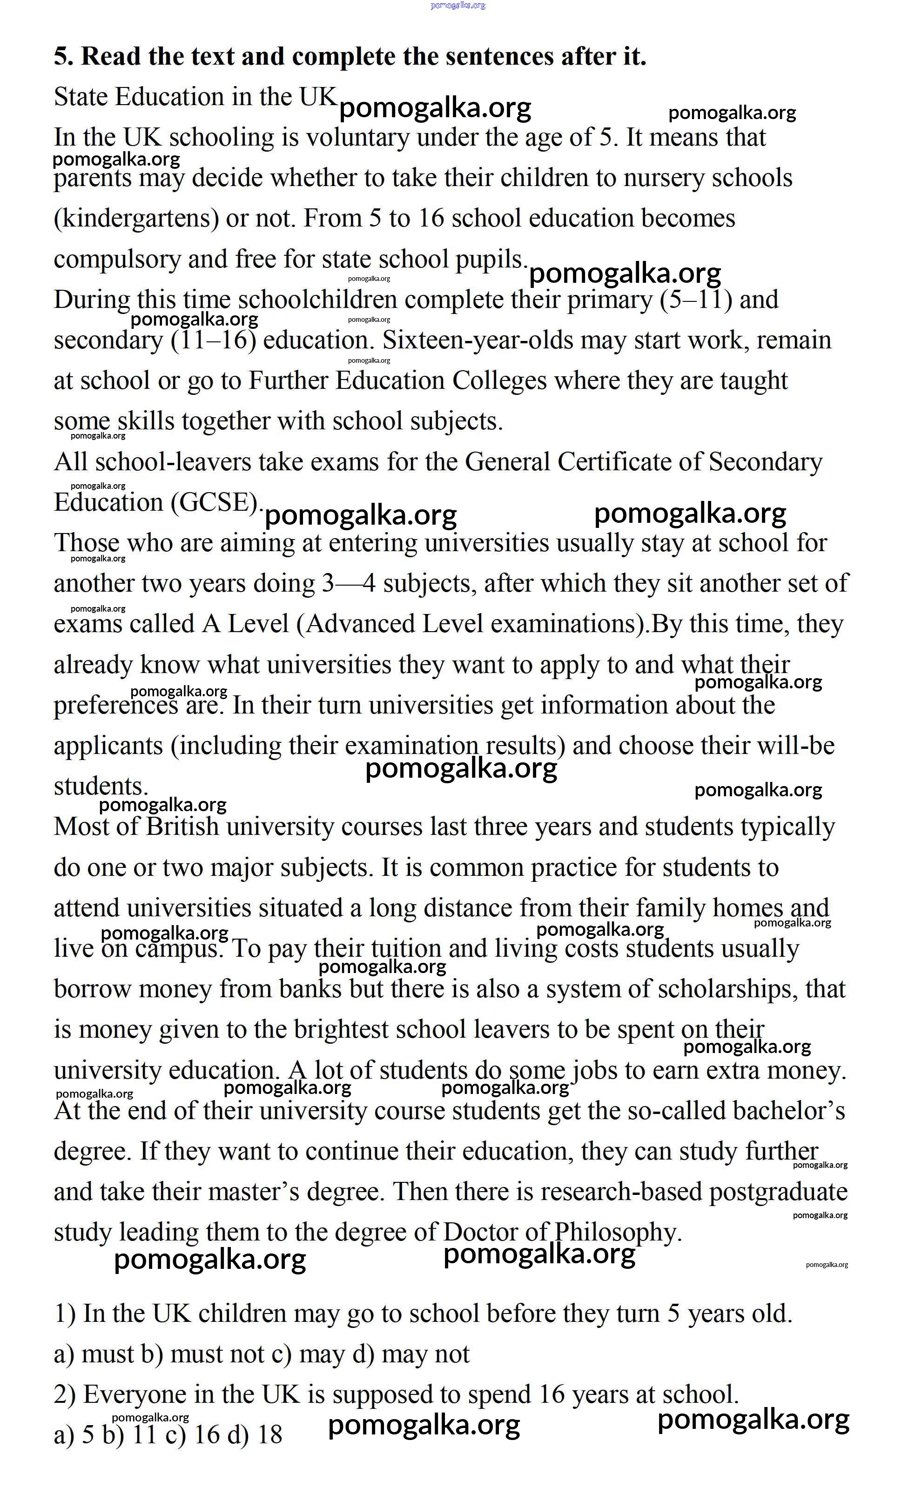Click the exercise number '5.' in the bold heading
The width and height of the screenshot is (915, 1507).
pyautogui.click(x=64, y=57)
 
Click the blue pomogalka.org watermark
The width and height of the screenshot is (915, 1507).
pyautogui.click(x=458, y=5)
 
